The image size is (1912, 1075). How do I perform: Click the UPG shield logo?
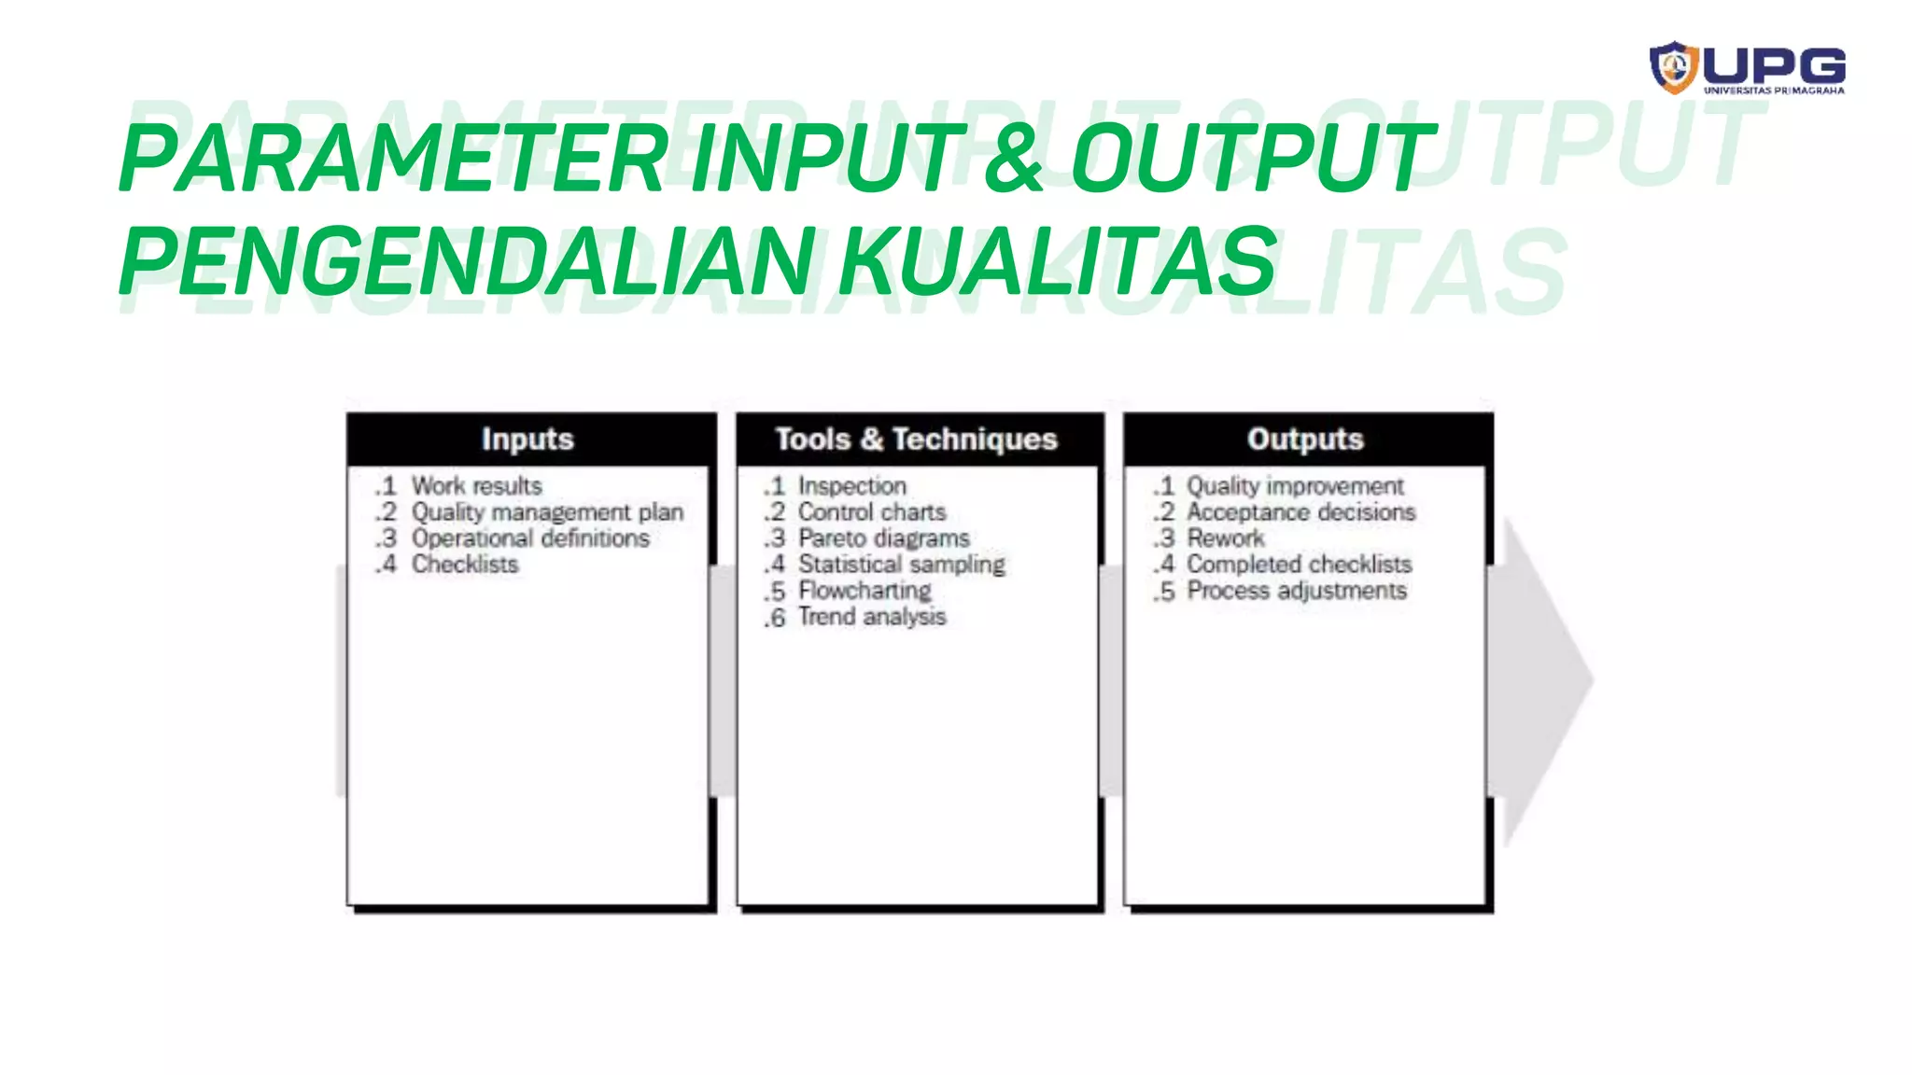pyautogui.click(x=1673, y=67)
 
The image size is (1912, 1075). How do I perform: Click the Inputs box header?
pyautogui.click(x=528, y=439)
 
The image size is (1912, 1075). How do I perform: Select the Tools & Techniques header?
pyautogui.click(x=916, y=439)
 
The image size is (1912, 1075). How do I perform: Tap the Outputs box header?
pyautogui.click(x=1305, y=439)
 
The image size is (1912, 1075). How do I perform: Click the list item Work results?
pyautogui.click(x=476, y=486)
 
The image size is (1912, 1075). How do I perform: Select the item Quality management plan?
pyautogui.click(x=547, y=512)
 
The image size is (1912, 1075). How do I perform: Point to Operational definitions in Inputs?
pyautogui.click(x=530, y=538)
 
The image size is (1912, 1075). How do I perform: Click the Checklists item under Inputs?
pyautogui.click(x=465, y=565)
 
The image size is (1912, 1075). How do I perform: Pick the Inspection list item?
pyautogui.click(x=851, y=486)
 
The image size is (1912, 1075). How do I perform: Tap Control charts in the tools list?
pyautogui.click(x=872, y=512)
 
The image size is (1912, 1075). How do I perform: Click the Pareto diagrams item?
pyautogui.click(x=883, y=538)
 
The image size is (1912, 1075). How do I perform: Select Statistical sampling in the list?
pyautogui.click(x=902, y=565)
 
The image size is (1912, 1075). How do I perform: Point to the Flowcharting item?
pyautogui.click(x=865, y=591)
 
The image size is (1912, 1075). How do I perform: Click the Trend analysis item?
pyautogui.click(x=872, y=617)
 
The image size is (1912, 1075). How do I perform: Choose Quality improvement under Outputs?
pyautogui.click(x=1295, y=486)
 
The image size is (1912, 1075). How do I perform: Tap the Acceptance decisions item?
pyautogui.click(x=1300, y=512)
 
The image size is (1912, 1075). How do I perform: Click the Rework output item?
pyautogui.click(x=1225, y=538)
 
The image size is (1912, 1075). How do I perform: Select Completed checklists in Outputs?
pyautogui.click(x=1299, y=565)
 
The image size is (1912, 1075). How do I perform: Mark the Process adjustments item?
pyautogui.click(x=1296, y=591)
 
